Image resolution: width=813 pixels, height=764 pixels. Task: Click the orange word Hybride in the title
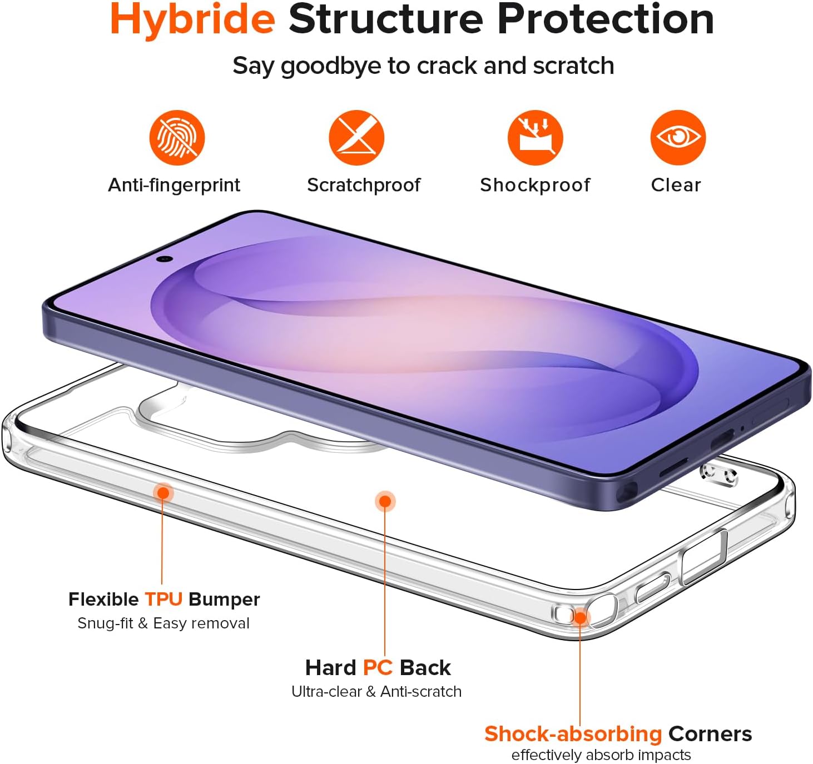192,19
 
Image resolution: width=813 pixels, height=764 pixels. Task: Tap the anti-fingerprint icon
177,137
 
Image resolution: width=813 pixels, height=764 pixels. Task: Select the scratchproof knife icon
356,137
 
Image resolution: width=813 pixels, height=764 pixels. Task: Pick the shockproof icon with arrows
536,137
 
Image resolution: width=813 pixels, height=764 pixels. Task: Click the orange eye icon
678,137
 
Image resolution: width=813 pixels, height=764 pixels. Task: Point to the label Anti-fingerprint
174,185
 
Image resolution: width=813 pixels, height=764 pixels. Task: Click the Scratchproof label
364,185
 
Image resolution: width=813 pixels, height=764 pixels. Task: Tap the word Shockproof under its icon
535,185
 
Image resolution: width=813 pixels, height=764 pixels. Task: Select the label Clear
676,185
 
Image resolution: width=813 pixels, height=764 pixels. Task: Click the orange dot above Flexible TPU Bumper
163,493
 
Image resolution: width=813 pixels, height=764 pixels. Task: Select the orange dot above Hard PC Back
385,501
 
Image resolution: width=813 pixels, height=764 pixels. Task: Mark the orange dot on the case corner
579,617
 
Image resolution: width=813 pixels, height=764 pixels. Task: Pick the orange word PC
378,668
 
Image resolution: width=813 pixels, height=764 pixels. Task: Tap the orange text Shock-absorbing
573,734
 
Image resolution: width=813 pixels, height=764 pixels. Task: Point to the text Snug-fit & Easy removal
163,623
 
